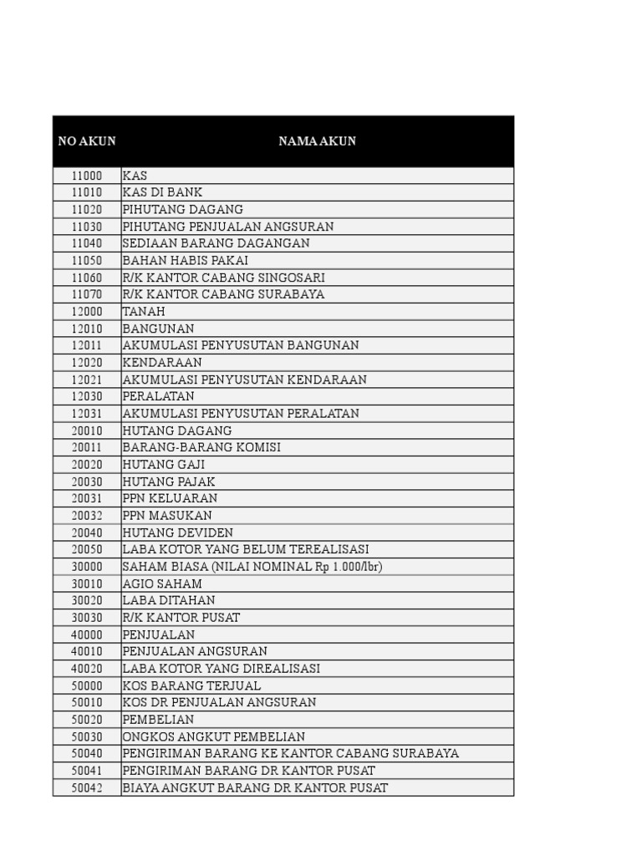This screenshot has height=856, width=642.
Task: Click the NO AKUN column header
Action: (x=87, y=141)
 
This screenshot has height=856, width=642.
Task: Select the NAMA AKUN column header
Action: (x=317, y=141)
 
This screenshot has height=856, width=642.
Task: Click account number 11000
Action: (x=87, y=176)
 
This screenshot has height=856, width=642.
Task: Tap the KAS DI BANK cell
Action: (x=162, y=192)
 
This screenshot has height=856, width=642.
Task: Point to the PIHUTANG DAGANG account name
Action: (x=183, y=209)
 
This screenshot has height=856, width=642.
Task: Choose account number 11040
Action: (x=87, y=243)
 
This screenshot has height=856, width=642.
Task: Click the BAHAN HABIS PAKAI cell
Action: (x=185, y=260)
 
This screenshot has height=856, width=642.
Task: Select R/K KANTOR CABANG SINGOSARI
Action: (x=223, y=278)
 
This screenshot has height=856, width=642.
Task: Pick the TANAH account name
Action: (x=144, y=311)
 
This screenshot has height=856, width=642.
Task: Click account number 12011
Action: (x=87, y=345)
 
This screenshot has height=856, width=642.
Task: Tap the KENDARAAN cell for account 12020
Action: (x=162, y=362)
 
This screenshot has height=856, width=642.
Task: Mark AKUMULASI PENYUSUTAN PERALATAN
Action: (x=241, y=413)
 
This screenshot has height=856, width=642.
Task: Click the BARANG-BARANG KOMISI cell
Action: (x=201, y=447)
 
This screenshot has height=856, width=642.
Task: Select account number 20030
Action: (x=87, y=481)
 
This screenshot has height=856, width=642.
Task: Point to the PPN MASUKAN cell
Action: (x=167, y=515)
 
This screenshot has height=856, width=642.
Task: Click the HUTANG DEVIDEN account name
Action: (x=178, y=532)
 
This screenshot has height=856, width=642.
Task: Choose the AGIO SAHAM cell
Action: (x=162, y=583)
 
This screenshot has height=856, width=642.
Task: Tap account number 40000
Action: (x=87, y=634)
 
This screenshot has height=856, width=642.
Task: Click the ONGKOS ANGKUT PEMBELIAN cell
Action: (x=214, y=736)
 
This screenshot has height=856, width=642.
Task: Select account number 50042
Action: (x=87, y=787)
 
